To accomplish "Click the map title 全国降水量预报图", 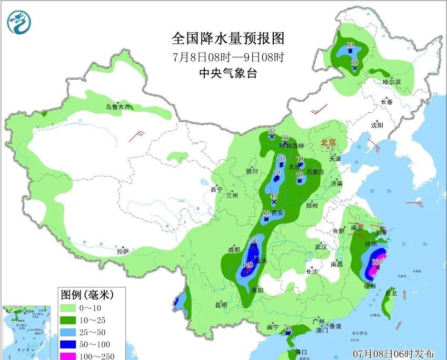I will point(227,38).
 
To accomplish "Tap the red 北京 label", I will point(328,142).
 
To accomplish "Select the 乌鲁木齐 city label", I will point(117,107).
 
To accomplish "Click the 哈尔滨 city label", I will point(391,82).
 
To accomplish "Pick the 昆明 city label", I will point(221,305).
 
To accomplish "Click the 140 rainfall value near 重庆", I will point(247,265).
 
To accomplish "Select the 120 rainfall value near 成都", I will point(253,240).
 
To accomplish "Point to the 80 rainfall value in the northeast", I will point(350,45).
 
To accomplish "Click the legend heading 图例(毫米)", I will point(87,293).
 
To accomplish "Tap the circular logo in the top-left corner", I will point(19,22).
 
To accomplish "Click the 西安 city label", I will point(277,213).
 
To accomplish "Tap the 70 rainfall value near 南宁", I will point(287,327).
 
